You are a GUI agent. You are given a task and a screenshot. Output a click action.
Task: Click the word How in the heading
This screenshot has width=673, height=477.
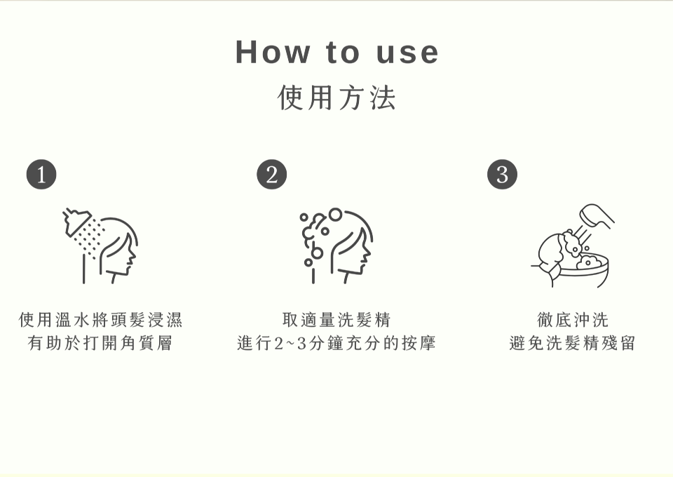(x=272, y=53)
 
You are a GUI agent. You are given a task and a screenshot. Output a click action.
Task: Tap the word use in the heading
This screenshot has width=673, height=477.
(x=407, y=53)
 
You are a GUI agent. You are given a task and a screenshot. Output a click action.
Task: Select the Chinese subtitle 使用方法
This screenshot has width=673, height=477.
(x=336, y=97)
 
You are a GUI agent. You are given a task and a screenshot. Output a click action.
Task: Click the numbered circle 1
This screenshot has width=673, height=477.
(x=41, y=175)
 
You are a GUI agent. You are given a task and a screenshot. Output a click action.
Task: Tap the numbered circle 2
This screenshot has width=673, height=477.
(x=271, y=175)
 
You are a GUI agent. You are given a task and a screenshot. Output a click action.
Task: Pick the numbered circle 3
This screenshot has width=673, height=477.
(x=502, y=175)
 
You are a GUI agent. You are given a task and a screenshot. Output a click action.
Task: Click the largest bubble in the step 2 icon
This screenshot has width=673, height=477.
(x=336, y=214)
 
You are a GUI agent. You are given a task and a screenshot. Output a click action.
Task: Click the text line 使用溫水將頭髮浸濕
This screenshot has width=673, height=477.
(x=100, y=321)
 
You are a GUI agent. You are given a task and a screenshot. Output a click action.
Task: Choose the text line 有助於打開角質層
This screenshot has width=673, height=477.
(x=100, y=344)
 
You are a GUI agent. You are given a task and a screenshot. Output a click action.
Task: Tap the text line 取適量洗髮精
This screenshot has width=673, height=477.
(x=336, y=321)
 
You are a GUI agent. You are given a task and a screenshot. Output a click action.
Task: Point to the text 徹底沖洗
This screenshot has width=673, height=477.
(x=572, y=321)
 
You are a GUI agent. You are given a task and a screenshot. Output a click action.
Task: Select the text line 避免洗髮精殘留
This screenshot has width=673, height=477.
(x=572, y=344)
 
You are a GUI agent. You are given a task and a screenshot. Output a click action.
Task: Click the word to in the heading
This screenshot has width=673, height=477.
(x=343, y=53)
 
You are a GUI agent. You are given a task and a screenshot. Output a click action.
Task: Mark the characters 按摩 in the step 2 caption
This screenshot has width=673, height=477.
(x=419, y=344)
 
